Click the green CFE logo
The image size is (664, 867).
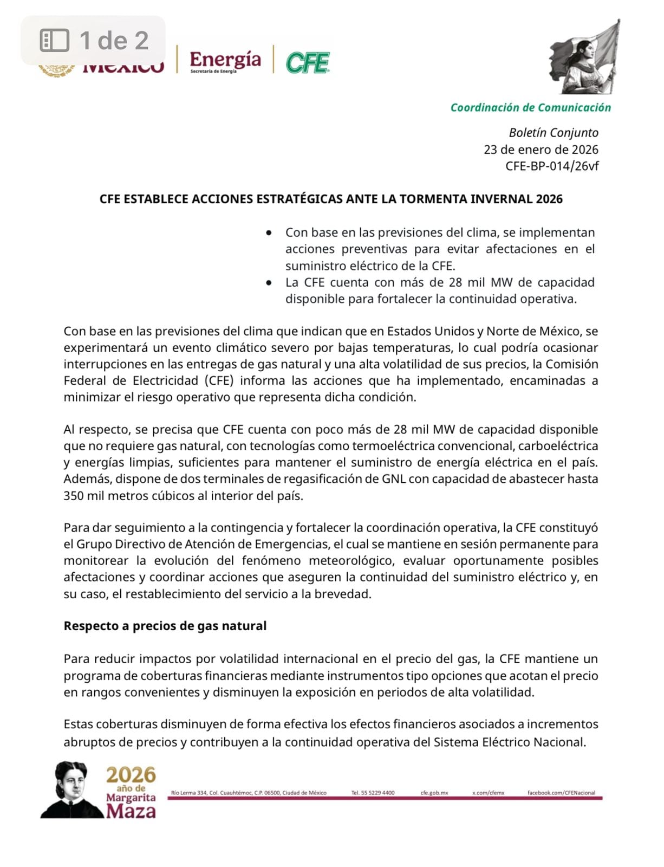point(307,63)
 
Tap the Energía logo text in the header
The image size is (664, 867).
point(225,60)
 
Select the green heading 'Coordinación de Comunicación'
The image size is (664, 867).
point(530,107)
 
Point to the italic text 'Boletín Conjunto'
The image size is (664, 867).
point(553,133)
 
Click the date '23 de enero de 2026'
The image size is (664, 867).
point(541,150)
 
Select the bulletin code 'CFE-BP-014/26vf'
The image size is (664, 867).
point(551,166)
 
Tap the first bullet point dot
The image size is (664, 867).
point(269,232)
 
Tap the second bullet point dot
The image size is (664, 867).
point(269,282)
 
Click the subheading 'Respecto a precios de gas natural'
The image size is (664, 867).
point(165,626)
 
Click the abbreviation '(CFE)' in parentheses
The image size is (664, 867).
point(219,380)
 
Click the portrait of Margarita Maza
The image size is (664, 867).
point(70,790)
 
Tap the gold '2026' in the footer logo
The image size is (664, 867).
point(131,775)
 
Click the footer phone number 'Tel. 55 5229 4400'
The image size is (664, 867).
point(373,793)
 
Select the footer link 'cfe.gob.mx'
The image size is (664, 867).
point(434,793)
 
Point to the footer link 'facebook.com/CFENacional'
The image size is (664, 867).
point(561,793)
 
